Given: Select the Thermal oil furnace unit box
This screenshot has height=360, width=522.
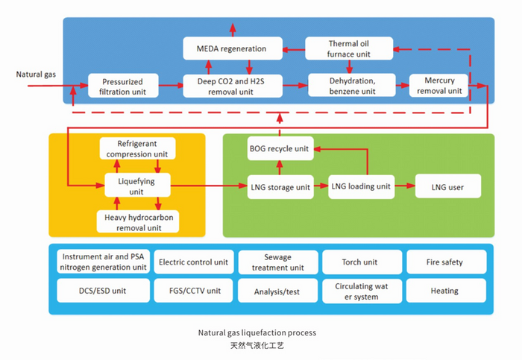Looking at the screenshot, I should tap(348, 48).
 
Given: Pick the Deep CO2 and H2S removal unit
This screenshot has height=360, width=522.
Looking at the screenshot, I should tap(233, 86).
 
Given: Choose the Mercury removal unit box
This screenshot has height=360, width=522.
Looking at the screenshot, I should tap(439, 86).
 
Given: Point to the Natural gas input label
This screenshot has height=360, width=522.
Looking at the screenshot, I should tap(36, 75).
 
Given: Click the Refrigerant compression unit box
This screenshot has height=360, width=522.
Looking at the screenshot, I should tap(136, 148).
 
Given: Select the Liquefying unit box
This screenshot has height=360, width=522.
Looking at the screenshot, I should tap(136, 186).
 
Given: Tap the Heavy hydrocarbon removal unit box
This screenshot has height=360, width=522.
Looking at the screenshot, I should tap(136, 222).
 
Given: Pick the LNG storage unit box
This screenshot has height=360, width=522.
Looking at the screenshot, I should tap(280, 187).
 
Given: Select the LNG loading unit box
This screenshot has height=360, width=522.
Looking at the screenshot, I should tap(361, 186).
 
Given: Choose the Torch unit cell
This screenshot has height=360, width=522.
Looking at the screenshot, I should tap(361, 262).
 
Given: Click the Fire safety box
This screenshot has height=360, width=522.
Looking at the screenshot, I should tap(446, 262).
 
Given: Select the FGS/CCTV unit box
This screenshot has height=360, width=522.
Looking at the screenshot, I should tap(192, 291).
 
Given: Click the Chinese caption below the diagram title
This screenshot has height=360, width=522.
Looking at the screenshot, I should tap(258, 347).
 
